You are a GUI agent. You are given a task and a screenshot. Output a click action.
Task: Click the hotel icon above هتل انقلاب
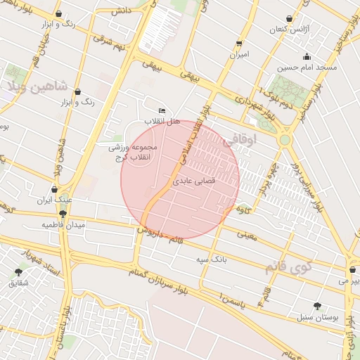point(162,110)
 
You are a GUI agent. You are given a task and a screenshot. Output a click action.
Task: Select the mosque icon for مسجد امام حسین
point(307,57)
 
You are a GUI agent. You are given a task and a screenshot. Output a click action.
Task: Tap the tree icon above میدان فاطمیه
point(63,214)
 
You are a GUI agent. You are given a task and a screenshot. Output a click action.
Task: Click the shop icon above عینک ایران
point(53,189)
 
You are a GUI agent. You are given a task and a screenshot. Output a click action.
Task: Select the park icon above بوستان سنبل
point(318,306)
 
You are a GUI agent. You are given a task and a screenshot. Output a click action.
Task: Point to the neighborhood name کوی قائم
point(285,267)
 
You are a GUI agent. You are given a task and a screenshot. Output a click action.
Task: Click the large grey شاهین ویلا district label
point(37,87)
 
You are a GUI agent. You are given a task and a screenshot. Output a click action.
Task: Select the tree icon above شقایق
point(18,271)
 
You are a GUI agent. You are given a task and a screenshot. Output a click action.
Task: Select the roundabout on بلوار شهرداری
point(285,140)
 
